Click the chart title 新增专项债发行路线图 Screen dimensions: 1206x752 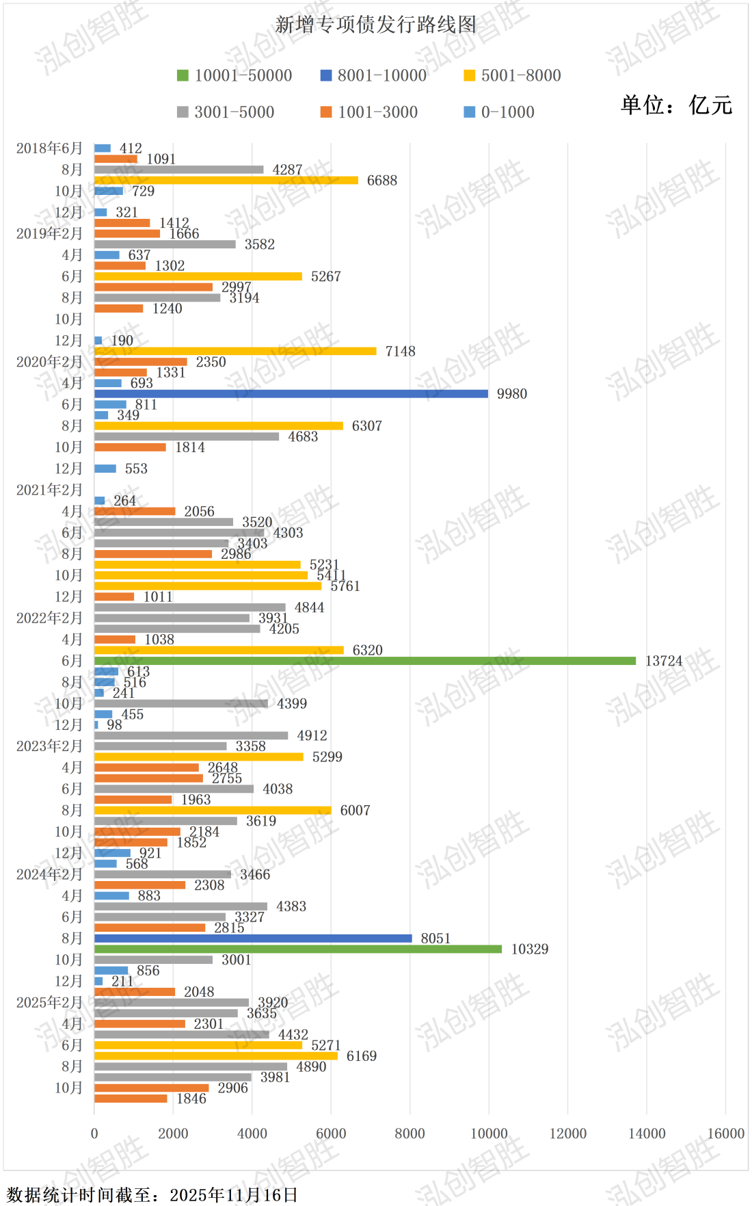point(375,25)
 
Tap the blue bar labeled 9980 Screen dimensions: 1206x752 point(291,393)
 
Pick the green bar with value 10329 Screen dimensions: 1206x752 point(298,949)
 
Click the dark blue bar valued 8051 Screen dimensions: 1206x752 point(253,939)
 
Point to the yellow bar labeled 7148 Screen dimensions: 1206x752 point(235,351)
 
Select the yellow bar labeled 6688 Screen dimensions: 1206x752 point(226,180)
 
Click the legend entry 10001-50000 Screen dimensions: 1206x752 point(235,75)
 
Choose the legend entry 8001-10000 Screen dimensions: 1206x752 point(374,75)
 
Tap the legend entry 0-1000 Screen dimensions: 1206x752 point(499,112)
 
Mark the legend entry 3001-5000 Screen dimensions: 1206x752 point(226,112)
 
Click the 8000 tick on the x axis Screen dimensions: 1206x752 point(409,1133)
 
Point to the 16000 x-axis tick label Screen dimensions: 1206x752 point(725,1133)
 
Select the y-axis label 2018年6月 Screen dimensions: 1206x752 point(49,148)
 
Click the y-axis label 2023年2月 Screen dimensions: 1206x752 point(49,746)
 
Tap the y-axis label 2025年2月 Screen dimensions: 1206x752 point(49,1002)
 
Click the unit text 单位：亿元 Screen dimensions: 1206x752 point(676,105)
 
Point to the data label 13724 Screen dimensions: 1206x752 point(664,661)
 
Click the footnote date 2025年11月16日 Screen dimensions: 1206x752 point(234,1194)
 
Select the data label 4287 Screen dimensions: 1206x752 point(287,170)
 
